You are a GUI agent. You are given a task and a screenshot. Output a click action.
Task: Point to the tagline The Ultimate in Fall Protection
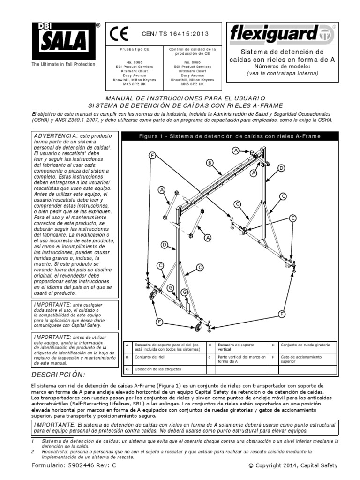coord(63,64)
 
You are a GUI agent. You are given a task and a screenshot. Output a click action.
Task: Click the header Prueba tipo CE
coord(135,49)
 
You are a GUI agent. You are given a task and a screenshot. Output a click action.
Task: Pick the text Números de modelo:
coord(282,66)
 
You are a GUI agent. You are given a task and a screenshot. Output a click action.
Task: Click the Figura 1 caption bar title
coord(229,136)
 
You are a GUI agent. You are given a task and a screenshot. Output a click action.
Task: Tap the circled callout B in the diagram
coord(210,163)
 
